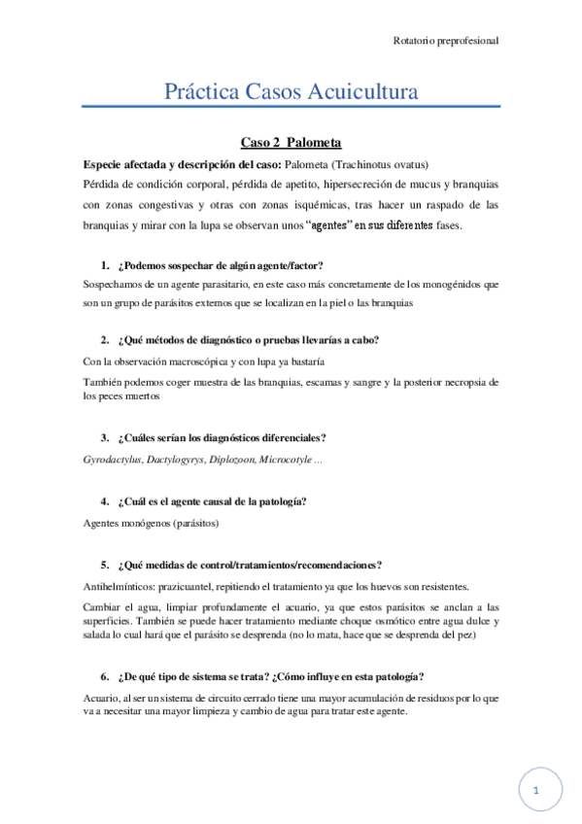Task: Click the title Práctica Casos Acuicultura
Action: pyautogui.click(x=291, y=93)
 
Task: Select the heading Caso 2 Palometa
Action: pyautogui.click(x=291, y=142)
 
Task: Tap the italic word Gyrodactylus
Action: pyautogui.click(x=112, y=458)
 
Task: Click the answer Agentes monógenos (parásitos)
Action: pyautogui.click(x=153, y=524)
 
